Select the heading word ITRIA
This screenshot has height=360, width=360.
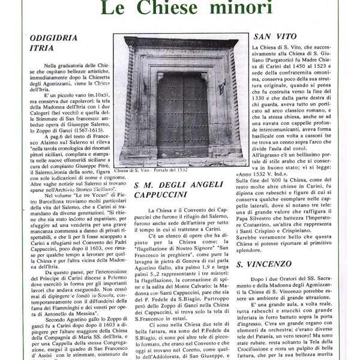coord(42,52)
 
